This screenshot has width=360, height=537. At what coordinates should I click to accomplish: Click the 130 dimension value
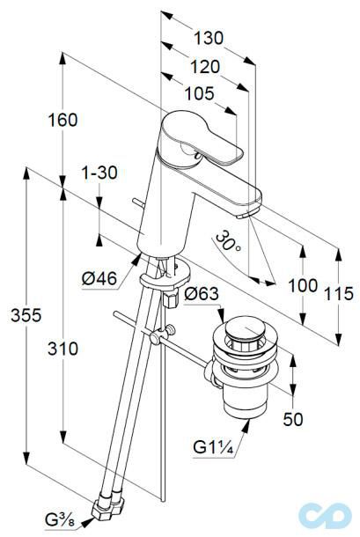[x=209, y=38]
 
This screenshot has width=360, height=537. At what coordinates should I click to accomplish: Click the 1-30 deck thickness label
[x=99, y=173]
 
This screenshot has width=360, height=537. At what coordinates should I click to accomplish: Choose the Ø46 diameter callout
[x=99, y=279]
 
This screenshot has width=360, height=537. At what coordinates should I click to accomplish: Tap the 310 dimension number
[x=62, y=349]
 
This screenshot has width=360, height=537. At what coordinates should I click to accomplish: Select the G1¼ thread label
[x=215, y=446]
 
